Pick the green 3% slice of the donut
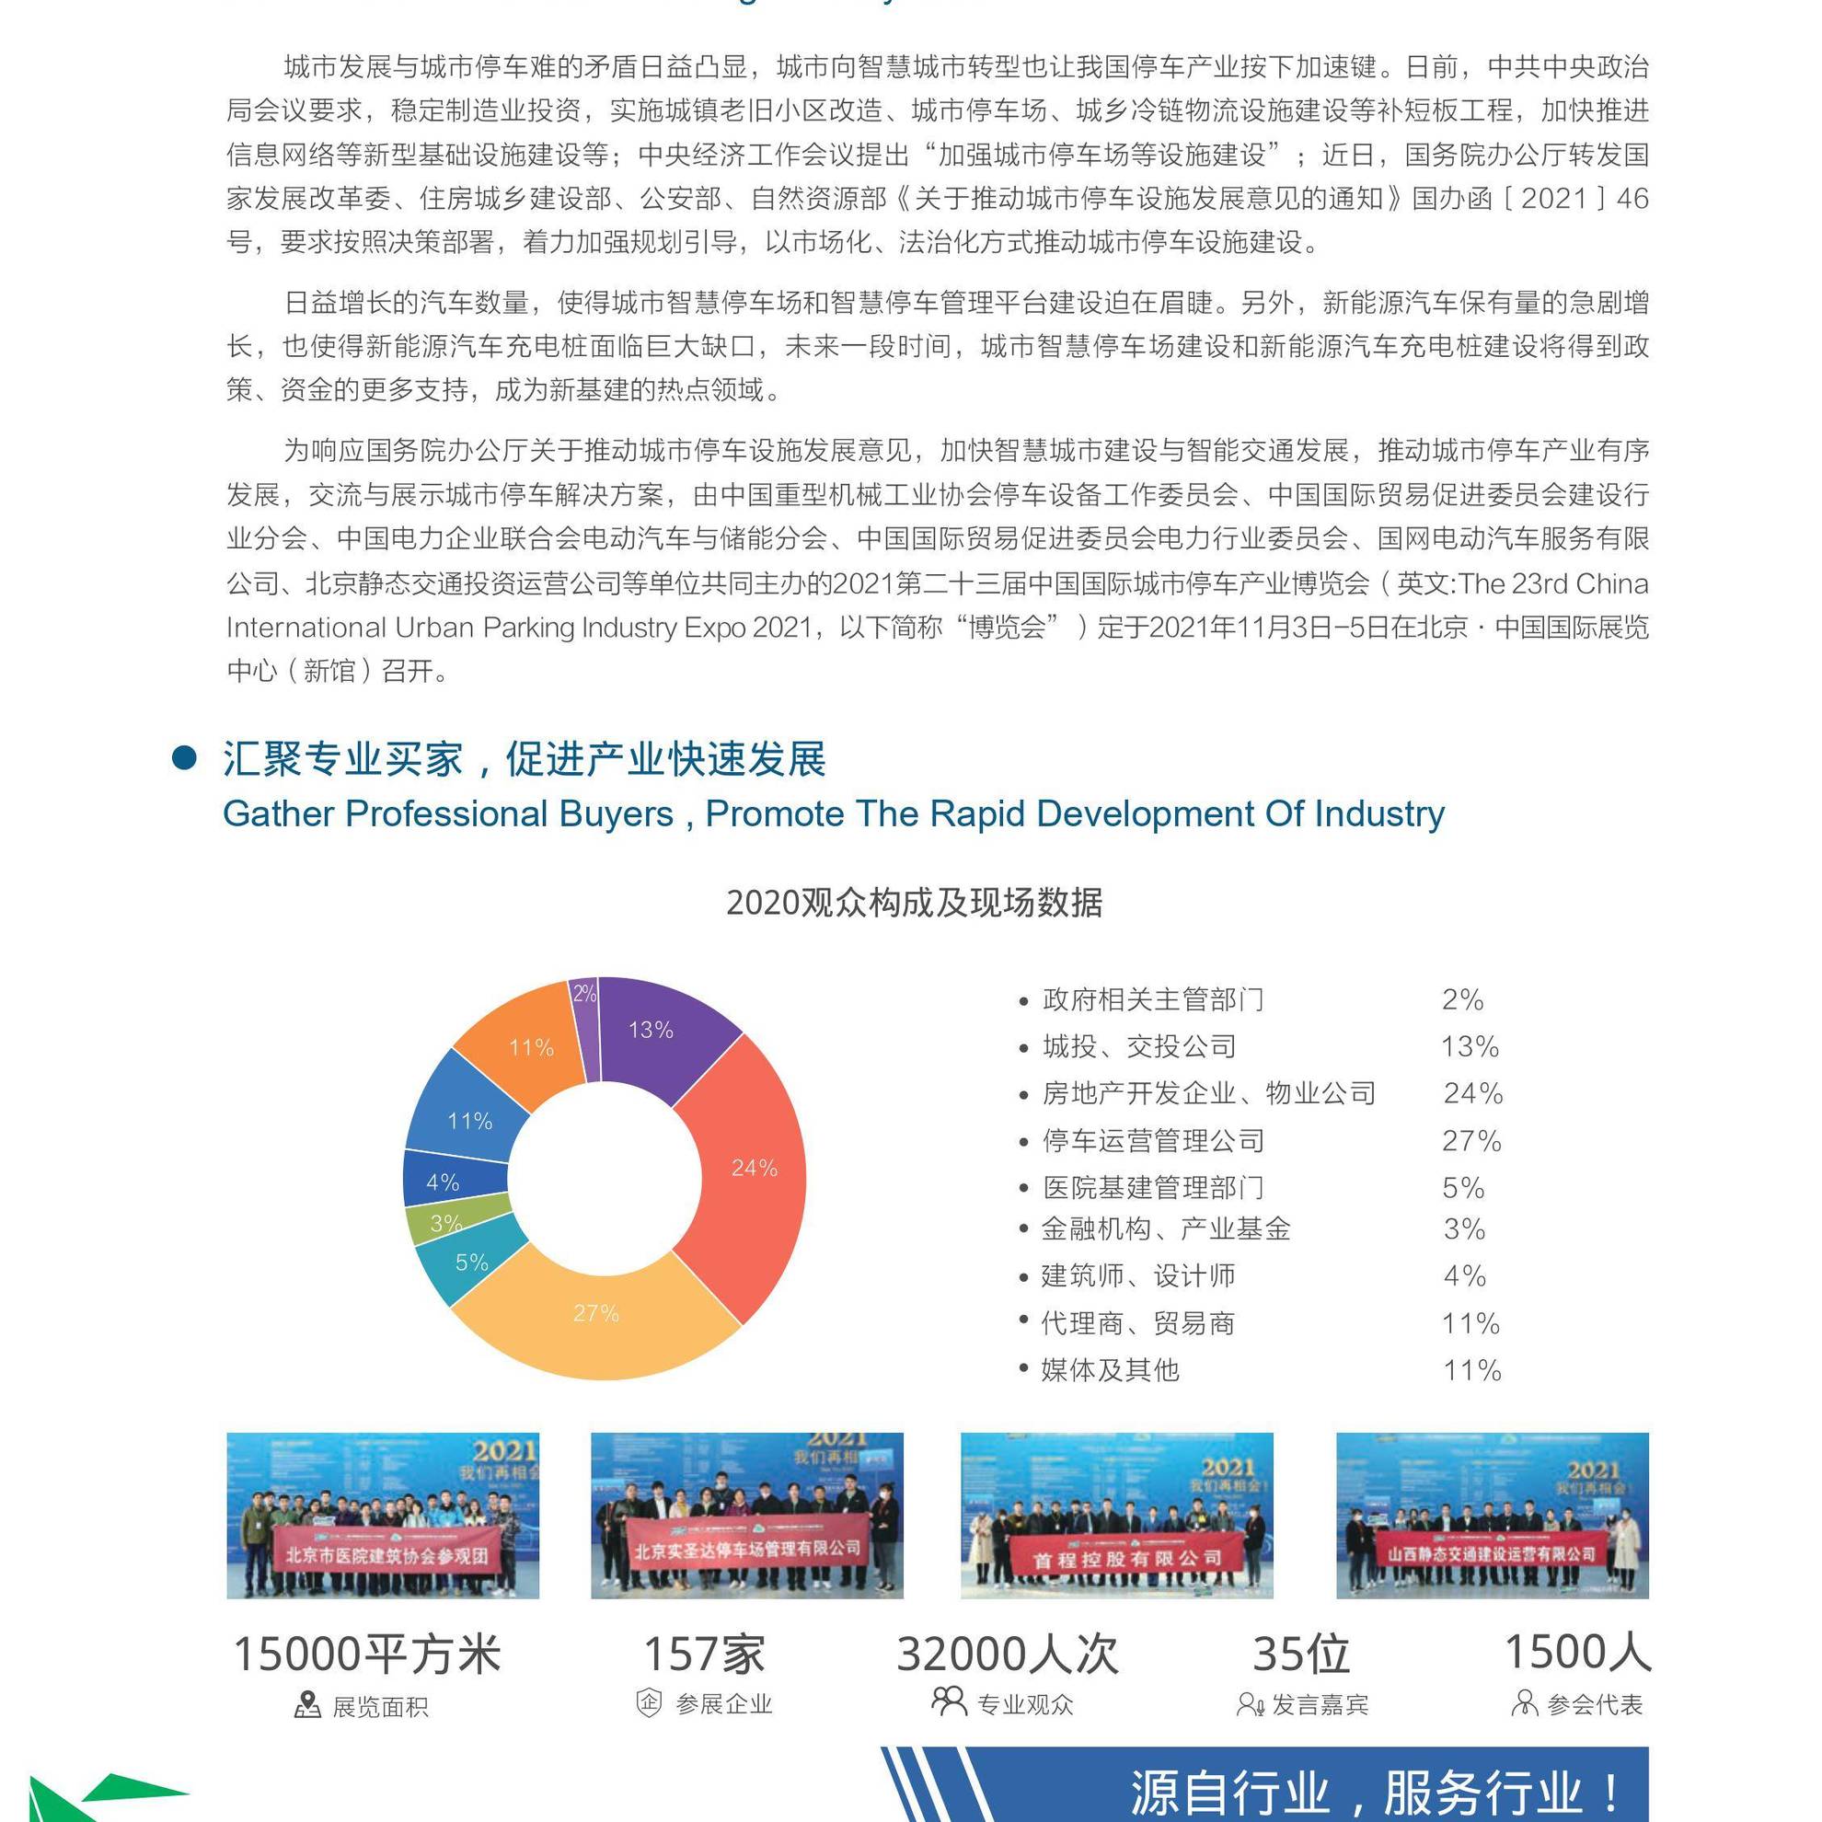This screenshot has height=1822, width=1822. coord(444,1223)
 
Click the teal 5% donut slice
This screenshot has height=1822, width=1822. coord(470,1262)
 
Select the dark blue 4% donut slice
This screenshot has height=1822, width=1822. coord(444,1182)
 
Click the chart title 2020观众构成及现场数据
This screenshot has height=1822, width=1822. coord(913,903)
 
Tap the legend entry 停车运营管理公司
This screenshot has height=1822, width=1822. coord(1152,1141)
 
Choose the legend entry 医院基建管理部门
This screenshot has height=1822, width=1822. coord(1152,1188)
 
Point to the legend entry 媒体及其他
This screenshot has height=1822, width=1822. coord(1110,1370)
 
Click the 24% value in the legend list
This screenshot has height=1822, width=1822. coord(1472,1094)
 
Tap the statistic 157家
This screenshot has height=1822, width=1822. coord(704,1655)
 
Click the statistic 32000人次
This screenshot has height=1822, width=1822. coord(1008,1655)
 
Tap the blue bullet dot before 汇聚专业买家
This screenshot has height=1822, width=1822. coord(185,758)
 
